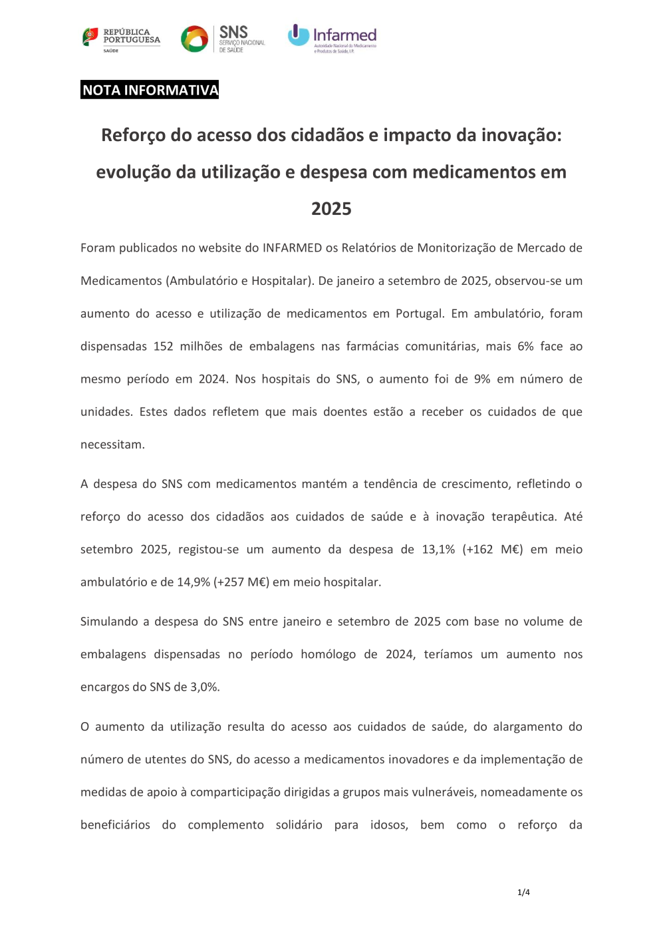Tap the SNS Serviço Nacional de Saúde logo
click(223, 39)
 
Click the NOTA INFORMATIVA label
click(150, 90)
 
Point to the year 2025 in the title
click(331, 209)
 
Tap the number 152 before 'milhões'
click(163, 347)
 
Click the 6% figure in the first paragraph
click(525, 347)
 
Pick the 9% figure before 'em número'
click(482, 379)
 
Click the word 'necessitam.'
click(112, 445)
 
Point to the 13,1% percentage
click(438, 550)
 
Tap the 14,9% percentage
click(194, 582)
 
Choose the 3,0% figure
click(205, 687)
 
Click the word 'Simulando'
click(109, 622)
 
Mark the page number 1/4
click(523, 892)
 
